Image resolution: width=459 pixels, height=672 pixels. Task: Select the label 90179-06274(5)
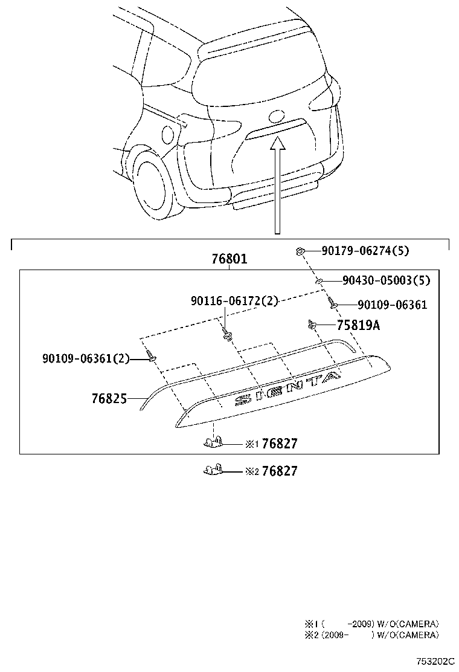[x=365, y=251]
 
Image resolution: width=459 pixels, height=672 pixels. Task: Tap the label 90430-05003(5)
[x=386, y=280]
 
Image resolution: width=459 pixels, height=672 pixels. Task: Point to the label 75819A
[x=358, y=325]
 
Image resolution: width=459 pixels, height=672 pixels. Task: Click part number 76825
[x=109, y=399]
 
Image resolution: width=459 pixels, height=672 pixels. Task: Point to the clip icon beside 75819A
[x=312, y=325]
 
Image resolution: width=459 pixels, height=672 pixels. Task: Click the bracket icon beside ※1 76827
[x=213, y=443]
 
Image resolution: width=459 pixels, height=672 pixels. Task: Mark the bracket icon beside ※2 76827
[x=213, y=470]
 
